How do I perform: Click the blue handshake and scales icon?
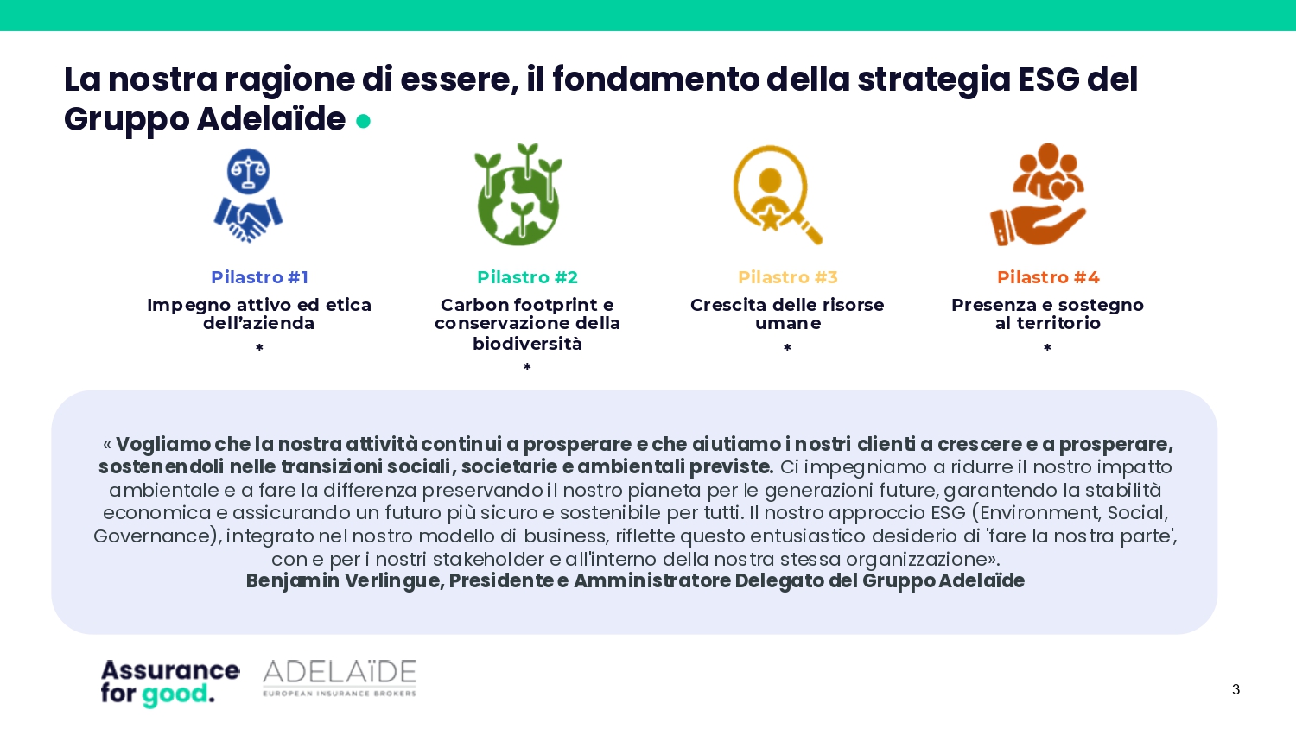[x=248, y=195]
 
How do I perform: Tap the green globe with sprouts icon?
[x=518, y=194]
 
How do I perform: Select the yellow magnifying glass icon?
[x=777, y=195]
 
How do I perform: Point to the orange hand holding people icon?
[x=1038, y=194]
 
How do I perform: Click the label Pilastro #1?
[x=259, y=277]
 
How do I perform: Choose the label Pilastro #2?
[x=527, y=277]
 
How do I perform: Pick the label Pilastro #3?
[x=787, y=277]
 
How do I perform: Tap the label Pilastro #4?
[x=1048, y=277]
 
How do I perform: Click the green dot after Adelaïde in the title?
[x=363, y=121]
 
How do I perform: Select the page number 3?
[x=1236, y=689]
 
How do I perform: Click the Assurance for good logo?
[x=170, y=683]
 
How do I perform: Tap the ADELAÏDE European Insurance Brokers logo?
[x=340, y=678]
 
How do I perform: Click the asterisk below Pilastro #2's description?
[x=527, y=367]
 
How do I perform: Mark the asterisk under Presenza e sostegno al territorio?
[x=1047, y=348]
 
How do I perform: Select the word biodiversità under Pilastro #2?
[x=527, y=344]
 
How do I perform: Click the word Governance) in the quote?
[x=158, y=536]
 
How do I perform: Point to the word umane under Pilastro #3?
[x=787, y=323]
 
